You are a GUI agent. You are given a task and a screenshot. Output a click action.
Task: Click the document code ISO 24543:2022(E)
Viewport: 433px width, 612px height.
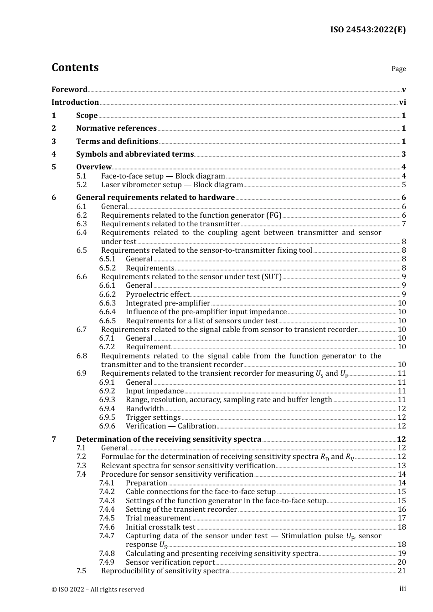pos(368,30)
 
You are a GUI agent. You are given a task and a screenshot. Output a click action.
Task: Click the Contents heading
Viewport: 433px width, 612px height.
pos(75,67)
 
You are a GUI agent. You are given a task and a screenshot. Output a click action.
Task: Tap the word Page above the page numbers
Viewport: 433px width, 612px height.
pos(398,69)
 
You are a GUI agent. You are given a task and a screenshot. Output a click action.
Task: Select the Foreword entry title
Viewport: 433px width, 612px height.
pos(69,89)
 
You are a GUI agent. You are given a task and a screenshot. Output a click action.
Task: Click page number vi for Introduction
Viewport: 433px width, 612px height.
pos(402,102)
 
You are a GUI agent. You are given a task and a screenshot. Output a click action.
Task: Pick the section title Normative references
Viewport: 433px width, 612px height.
pos(116,128)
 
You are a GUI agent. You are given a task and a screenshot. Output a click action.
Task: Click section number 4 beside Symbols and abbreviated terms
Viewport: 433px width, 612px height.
pos(54,154)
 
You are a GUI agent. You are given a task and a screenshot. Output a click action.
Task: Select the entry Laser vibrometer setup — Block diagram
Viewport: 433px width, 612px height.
pos(172,185)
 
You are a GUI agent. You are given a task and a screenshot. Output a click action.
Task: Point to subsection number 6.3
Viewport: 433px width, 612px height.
pos(82,224)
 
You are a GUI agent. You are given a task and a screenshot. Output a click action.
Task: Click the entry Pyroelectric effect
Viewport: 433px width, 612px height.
pos(157,295)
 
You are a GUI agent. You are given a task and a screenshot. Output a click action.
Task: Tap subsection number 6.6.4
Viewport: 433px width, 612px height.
pos(108,312)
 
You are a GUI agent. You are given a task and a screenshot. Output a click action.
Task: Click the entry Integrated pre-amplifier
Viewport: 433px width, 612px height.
pos(168,303)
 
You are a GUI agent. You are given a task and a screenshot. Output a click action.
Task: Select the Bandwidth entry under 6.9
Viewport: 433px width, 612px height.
pos(144,409)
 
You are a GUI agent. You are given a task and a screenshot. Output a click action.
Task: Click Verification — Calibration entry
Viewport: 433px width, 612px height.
pos(171,426)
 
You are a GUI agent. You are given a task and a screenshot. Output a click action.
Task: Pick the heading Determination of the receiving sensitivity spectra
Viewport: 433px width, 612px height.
pos(169,439)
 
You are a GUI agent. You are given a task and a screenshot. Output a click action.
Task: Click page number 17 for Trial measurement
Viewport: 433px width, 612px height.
pos(402,518)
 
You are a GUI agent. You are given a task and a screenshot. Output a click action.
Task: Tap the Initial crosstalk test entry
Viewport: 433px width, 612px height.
pos(160,527)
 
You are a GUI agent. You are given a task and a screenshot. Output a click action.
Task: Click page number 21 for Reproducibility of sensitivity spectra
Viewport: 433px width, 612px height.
pos(402,571)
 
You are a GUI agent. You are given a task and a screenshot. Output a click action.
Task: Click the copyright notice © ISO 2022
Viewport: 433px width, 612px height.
pos(98,590)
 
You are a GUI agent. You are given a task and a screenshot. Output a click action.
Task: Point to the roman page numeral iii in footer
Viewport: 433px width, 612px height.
pos(402,589)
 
